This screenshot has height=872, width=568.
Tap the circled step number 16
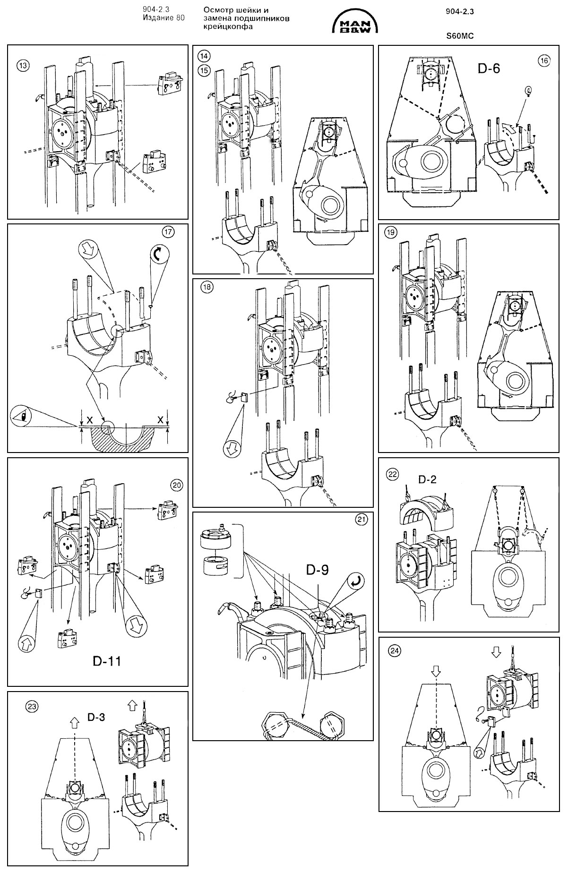coord(544,60)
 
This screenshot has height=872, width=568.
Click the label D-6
coord(489,68)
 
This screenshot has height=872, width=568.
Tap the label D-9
coord(317,570)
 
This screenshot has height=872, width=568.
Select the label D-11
coord(106,660)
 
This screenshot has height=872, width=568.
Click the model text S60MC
coord(460,35)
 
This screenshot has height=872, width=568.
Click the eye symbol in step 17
coord(22,416)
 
